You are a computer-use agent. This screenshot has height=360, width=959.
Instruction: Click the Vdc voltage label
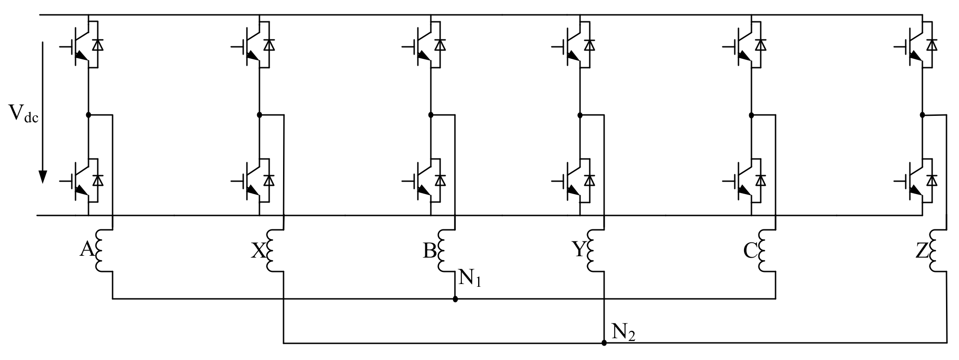pyautogui.click(x=23, y=114)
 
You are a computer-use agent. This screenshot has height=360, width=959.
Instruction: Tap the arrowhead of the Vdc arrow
pyautogui.click(x=43, y=177)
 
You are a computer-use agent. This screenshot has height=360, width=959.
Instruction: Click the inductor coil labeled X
pyautogui.click(x=271, y=251)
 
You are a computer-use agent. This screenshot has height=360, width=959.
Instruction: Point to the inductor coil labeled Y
pyautogui.click(x=592, y=251)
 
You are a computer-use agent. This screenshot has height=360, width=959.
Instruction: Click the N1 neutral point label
pyautogui.click(x=470, y=278)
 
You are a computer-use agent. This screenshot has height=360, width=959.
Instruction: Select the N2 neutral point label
pyautogui.click(x=623, y=332)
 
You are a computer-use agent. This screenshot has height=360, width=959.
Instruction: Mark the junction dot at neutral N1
pyautogui.click(x=455, y=299)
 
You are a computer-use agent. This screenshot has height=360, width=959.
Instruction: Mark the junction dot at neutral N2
pyautogui.click(x=604, y=343)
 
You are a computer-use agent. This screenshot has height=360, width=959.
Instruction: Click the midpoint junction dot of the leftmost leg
pyautogui.click(x=88, y=114)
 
